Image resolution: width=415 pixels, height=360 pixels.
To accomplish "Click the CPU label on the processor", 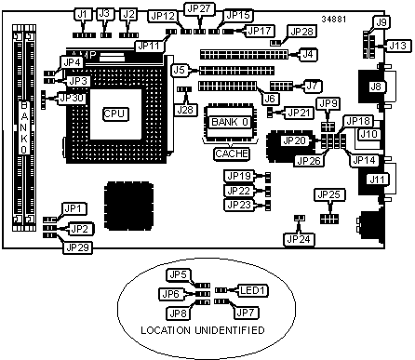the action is coord(115,113).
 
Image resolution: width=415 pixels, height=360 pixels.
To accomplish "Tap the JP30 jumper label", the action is coord(72,98).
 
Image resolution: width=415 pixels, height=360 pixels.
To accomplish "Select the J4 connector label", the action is coord(307,54).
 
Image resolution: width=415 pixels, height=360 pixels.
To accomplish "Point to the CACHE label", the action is coord(232,153).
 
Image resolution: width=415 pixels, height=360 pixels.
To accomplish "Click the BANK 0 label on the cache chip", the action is coord(230,122).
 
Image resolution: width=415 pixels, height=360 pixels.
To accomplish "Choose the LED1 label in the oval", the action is coord(253,290).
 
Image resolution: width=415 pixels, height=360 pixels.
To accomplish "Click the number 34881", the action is coord(334,20).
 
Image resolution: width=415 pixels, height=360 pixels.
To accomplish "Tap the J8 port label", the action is coord(376,87).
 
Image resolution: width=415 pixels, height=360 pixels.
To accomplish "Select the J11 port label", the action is coord(377,180).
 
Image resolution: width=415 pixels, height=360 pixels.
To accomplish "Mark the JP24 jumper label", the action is coord(299,239).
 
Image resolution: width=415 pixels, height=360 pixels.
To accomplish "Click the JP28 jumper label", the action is coord(301,31).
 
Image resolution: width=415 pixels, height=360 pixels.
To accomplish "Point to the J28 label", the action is coord(185,110).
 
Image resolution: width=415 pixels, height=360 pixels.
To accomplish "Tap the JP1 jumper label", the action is coord(74,208).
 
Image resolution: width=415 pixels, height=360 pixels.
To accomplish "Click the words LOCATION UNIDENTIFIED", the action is coord(203,330).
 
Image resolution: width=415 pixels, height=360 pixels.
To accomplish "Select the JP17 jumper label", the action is coord(260,31).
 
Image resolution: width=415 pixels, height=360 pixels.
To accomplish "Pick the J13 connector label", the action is coord(397,46).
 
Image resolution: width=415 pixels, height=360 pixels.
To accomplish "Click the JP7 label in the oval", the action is coord(246,313).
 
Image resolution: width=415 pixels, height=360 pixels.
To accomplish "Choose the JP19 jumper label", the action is coord(239,176).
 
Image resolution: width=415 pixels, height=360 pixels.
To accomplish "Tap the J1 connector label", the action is coord(83,15).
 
